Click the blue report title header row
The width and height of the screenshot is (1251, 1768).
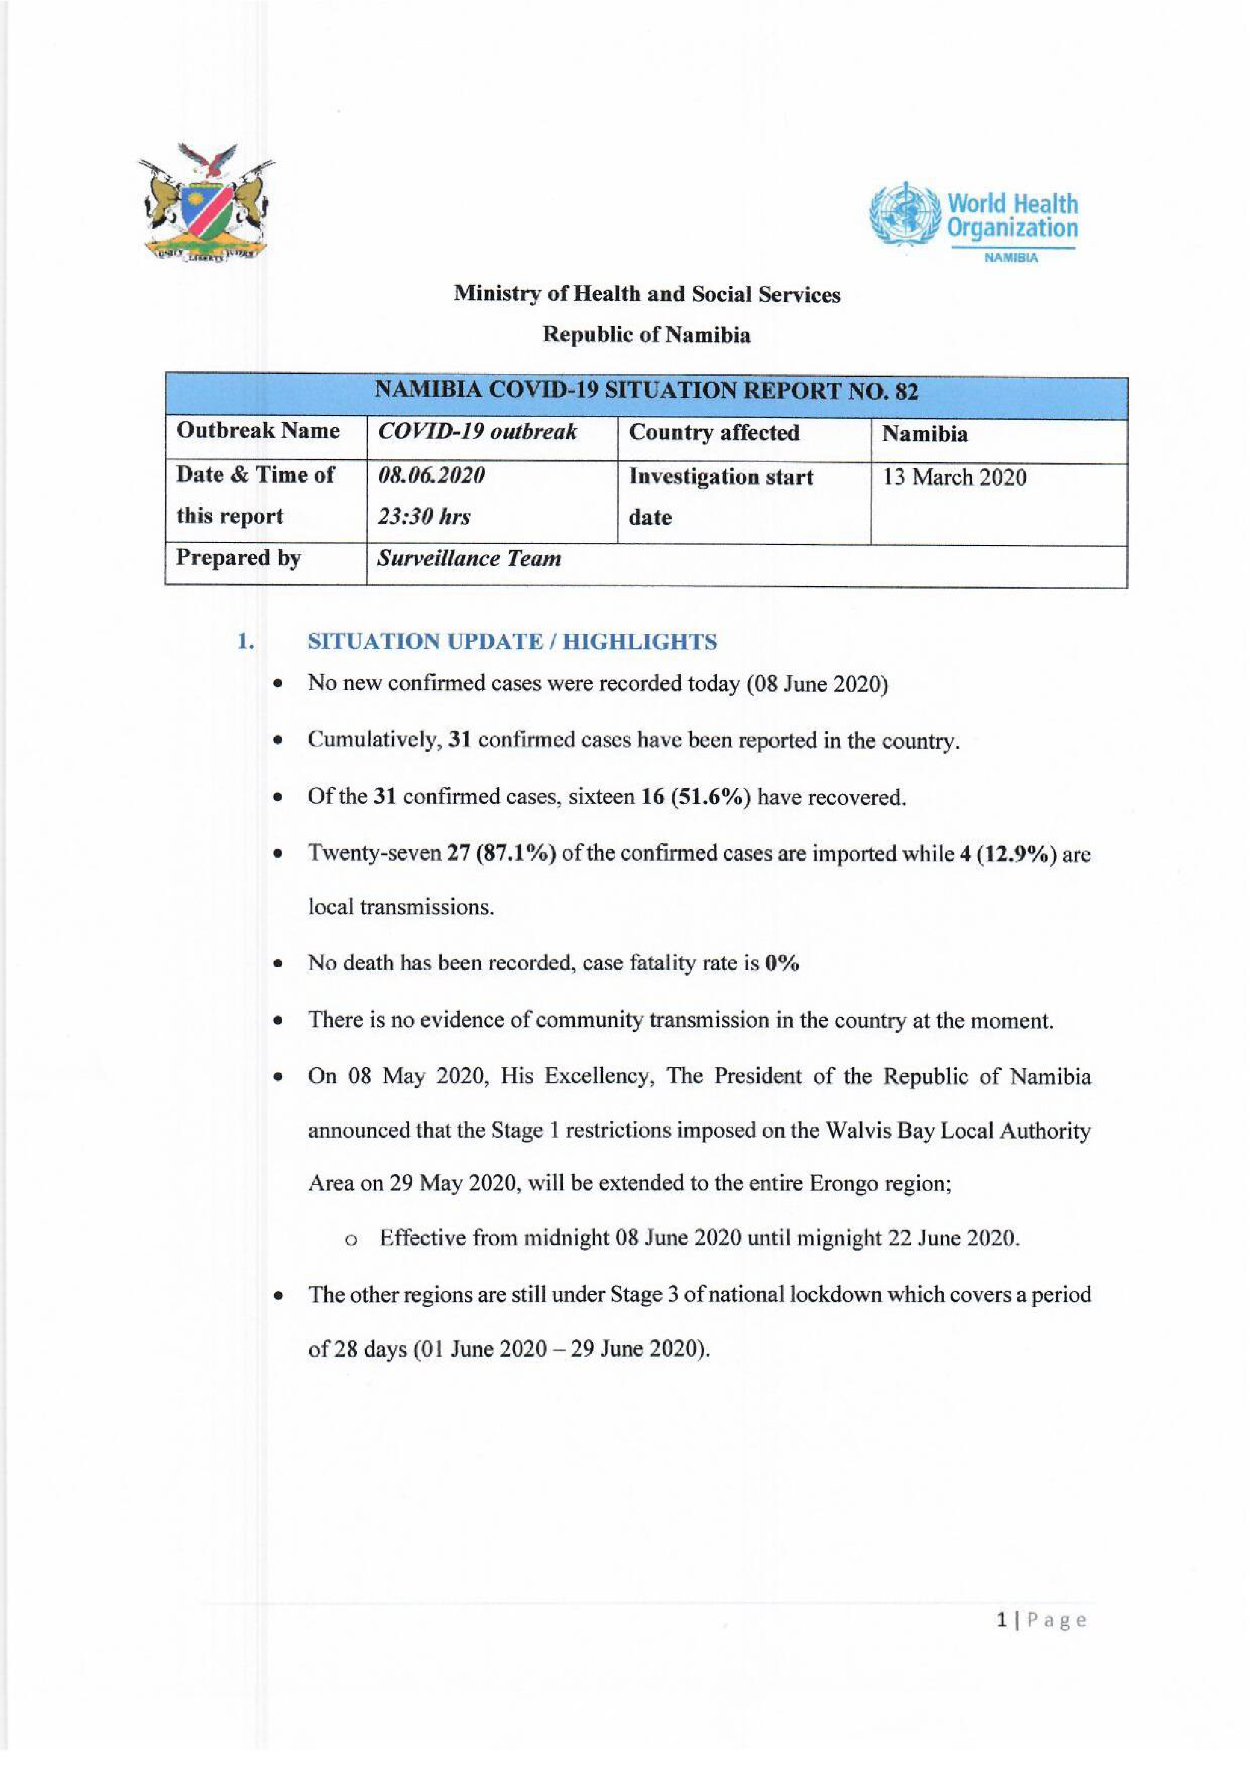tap(646, 392)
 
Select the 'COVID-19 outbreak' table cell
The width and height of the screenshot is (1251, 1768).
tap(477, 432)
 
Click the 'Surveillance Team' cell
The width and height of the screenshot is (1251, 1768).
tap(468, 558)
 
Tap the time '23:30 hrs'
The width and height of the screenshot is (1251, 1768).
tap(424, 517)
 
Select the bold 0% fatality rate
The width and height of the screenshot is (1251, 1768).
tap(782, 964)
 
